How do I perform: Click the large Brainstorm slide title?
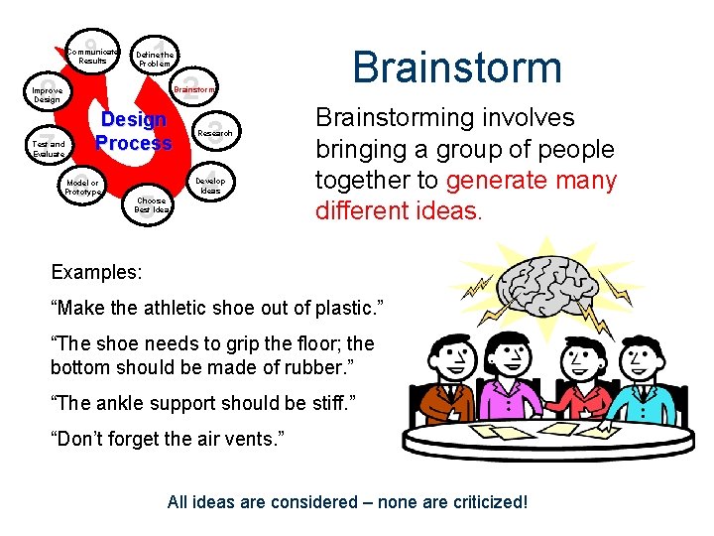click(456, 67)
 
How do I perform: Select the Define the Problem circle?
click(155, 59)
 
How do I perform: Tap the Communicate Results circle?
click(93, 55)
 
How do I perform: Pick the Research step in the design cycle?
click(215, 133)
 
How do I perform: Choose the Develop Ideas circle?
click(210, 186)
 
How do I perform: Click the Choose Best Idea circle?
click(153, 204)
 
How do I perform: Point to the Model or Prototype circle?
click(83, 187)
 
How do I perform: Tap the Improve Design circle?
click(47, 95)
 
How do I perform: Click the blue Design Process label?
click(133, 131)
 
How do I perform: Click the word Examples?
click(96, 271)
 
